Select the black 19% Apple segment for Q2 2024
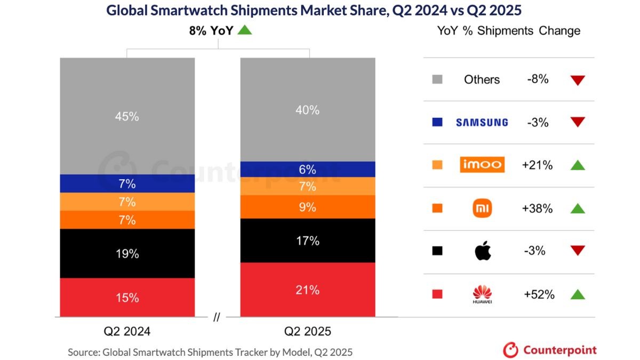(x=127, y=253)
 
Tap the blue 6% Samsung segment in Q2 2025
(x=308, y=170)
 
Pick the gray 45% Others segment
(x=127, y=116)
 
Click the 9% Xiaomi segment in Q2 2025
(x=308, y=207)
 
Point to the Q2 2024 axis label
(x=127, y=331)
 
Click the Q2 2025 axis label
(x=308, y=331)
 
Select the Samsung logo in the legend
(x=482, y=123)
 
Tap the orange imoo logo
(x=482, y=165)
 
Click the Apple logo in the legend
(x=482, y=251)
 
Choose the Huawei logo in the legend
(x=482, y=294)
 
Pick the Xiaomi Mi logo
(x=482, y=209)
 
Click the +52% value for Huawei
(x=538, y=294)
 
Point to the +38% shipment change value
(x=537, y=209)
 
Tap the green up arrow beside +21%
(x=578, y=165)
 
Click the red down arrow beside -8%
(x=578, y=81)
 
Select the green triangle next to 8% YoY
(x=244, y=30)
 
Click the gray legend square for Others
(x=437, y=79)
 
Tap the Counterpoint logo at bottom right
(x=550, y=350)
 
